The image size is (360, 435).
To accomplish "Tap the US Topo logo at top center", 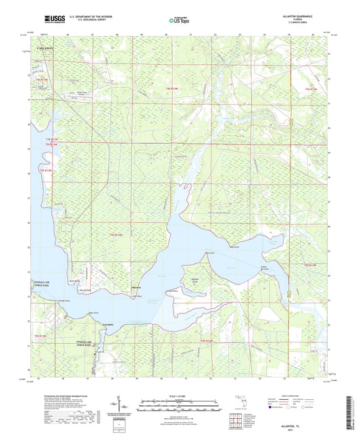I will tap(180, 21).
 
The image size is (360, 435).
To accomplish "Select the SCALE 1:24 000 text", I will tap(180, 395).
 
